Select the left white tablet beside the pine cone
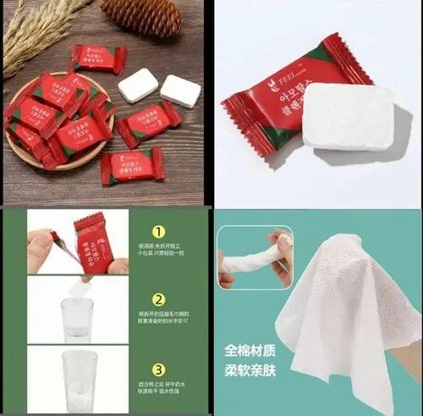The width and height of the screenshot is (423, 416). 138,86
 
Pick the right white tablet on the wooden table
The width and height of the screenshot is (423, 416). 180,90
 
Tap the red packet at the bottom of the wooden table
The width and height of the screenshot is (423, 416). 133,166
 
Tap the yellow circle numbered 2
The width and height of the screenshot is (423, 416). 157,298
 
